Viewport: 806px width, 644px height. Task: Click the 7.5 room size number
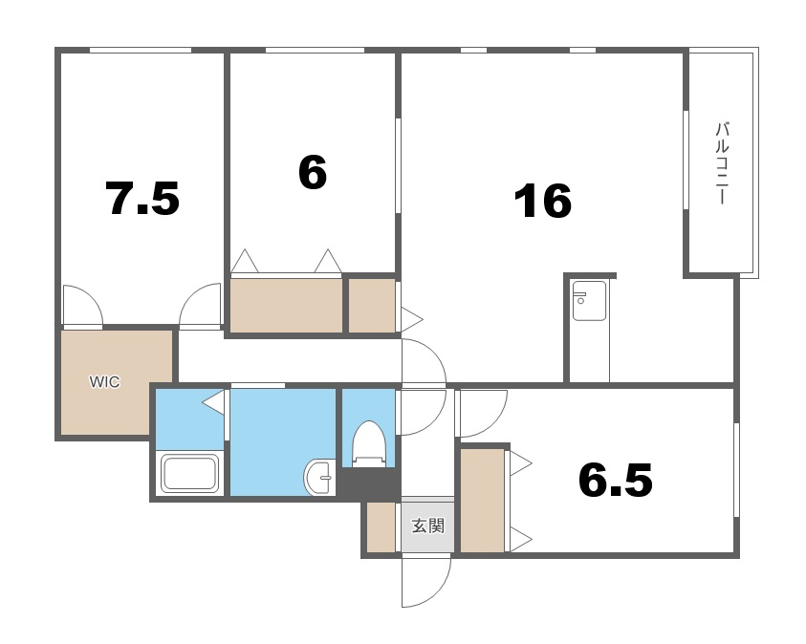pos(142,198)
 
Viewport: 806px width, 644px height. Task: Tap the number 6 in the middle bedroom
pos(313,173)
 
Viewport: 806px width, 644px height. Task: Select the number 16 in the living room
pos(543,201)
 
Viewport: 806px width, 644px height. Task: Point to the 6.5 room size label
pos(616,480)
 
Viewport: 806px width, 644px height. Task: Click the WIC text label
pos(104,382)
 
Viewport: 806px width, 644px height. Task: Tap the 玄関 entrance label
pos(427,526)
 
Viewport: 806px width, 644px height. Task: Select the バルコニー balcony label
pos(723,162)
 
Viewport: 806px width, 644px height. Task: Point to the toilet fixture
pos(368,443)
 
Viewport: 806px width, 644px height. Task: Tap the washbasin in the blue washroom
pos(319,477)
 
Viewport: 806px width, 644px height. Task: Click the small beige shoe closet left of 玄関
pos(381,527)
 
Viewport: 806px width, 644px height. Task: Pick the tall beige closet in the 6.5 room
pos(482,501)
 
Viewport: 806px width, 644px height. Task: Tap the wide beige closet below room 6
pos(286,306)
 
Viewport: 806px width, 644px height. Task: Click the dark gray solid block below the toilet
pos(368,483)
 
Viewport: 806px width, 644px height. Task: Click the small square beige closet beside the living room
pos(372,306)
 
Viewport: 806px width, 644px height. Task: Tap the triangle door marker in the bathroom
pos(214,402)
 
